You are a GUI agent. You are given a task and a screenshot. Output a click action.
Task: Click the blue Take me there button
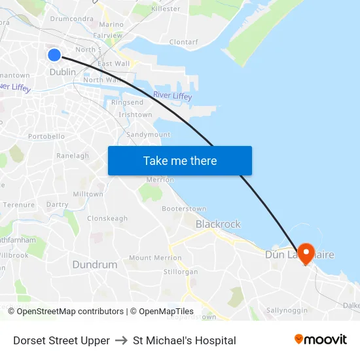pyautogui.click(x=180, y=160)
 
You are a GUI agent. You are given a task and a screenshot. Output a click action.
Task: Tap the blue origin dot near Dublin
pyautogui.click(x=54, y=56)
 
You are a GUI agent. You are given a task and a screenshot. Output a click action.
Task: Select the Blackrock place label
pyautogui.click(x=218, y=224)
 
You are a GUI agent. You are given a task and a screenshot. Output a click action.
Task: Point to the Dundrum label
pyautogui.click(x=95, y=265)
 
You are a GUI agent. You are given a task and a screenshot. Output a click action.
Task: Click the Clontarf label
pyautogui.click(x=183, y=42)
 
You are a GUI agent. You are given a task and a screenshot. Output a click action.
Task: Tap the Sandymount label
pyautogui.click(x=148, y=135)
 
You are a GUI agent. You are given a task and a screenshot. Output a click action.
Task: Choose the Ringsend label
pyautogui.click(x=127, y=103)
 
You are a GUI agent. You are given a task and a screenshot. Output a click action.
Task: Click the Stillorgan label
pyautogui.click(x=180, y=272)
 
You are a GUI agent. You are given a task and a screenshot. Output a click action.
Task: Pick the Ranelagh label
pyautogui.click(x=73, y=156)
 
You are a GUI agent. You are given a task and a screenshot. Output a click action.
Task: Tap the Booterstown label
pyautogui.click(x=184, y=209)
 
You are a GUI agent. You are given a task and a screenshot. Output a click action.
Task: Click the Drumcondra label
pyautogui.click(x=72, y=19)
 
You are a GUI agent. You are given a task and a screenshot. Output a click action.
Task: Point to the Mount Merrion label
pyautogui.click(x=156, y=258)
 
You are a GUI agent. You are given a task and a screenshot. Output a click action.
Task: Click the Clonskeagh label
pyautogui.click(x=107, y=219)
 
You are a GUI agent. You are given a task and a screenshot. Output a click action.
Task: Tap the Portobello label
pyautogui.click(x=46, y=136)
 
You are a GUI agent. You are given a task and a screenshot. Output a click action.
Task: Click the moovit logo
pyautogui.click(x=321, y=340)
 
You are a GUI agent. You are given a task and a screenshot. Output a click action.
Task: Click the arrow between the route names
pyautogui.click(x=121, y=340)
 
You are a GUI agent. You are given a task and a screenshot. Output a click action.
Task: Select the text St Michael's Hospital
pyautogui.click(x=184, y=340)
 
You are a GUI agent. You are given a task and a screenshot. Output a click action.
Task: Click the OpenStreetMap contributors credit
pyautogui.click(x=70, y=312)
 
